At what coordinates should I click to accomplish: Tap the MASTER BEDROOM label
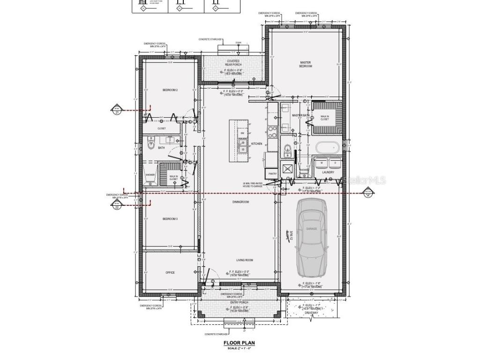coord(306,64)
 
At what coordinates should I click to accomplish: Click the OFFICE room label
coord(170,272)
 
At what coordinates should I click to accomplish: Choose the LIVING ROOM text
coord(245,260)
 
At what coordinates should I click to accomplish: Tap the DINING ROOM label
coord(240,202)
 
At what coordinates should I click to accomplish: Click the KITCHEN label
coord(257,143)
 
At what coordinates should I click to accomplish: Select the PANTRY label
coord(273,173)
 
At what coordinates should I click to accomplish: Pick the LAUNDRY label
coord(328,172)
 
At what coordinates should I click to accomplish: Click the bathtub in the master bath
coord(327,148)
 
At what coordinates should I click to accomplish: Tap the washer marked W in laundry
coord(322,163)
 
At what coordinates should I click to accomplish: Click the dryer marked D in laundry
coord(335,163)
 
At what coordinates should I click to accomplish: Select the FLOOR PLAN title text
coord(239,343)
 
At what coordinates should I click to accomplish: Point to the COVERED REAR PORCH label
coord(233,62)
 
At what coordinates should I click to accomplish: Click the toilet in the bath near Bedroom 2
coord(151,146)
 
